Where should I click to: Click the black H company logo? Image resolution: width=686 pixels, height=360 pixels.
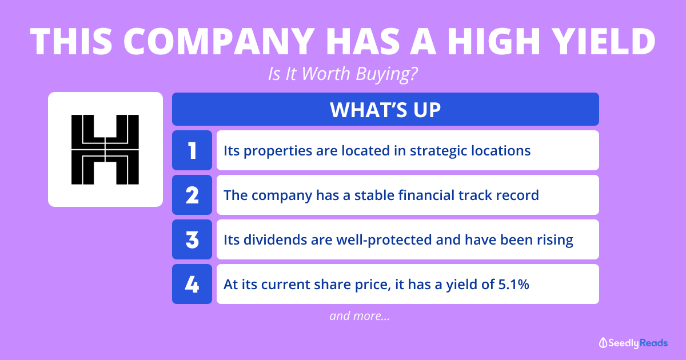(105, 150)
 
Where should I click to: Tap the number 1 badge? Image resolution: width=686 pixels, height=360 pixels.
(192, 150)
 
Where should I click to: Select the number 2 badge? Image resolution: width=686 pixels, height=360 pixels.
(192, 195)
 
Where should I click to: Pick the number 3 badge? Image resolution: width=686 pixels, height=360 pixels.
(192, 239)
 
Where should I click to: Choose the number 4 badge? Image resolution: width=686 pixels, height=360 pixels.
(192, 284)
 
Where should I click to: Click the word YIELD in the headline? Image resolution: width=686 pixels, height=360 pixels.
(605, 42)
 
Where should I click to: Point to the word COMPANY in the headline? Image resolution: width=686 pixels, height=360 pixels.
(219, 42)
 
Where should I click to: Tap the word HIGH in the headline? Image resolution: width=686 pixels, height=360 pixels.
(493, 42)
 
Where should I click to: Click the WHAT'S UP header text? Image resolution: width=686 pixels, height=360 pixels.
(385, 110)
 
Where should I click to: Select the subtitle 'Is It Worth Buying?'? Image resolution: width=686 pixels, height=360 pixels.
(342, 74)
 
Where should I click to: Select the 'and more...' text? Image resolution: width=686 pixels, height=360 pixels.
(360, 316)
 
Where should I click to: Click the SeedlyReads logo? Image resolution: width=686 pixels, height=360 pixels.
(633, 343)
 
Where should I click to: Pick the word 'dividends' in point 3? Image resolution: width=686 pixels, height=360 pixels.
(276, 239)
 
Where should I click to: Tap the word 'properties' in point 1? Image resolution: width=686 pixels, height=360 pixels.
(277, 151)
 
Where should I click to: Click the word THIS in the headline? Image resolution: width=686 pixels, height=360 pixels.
(71, 42)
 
